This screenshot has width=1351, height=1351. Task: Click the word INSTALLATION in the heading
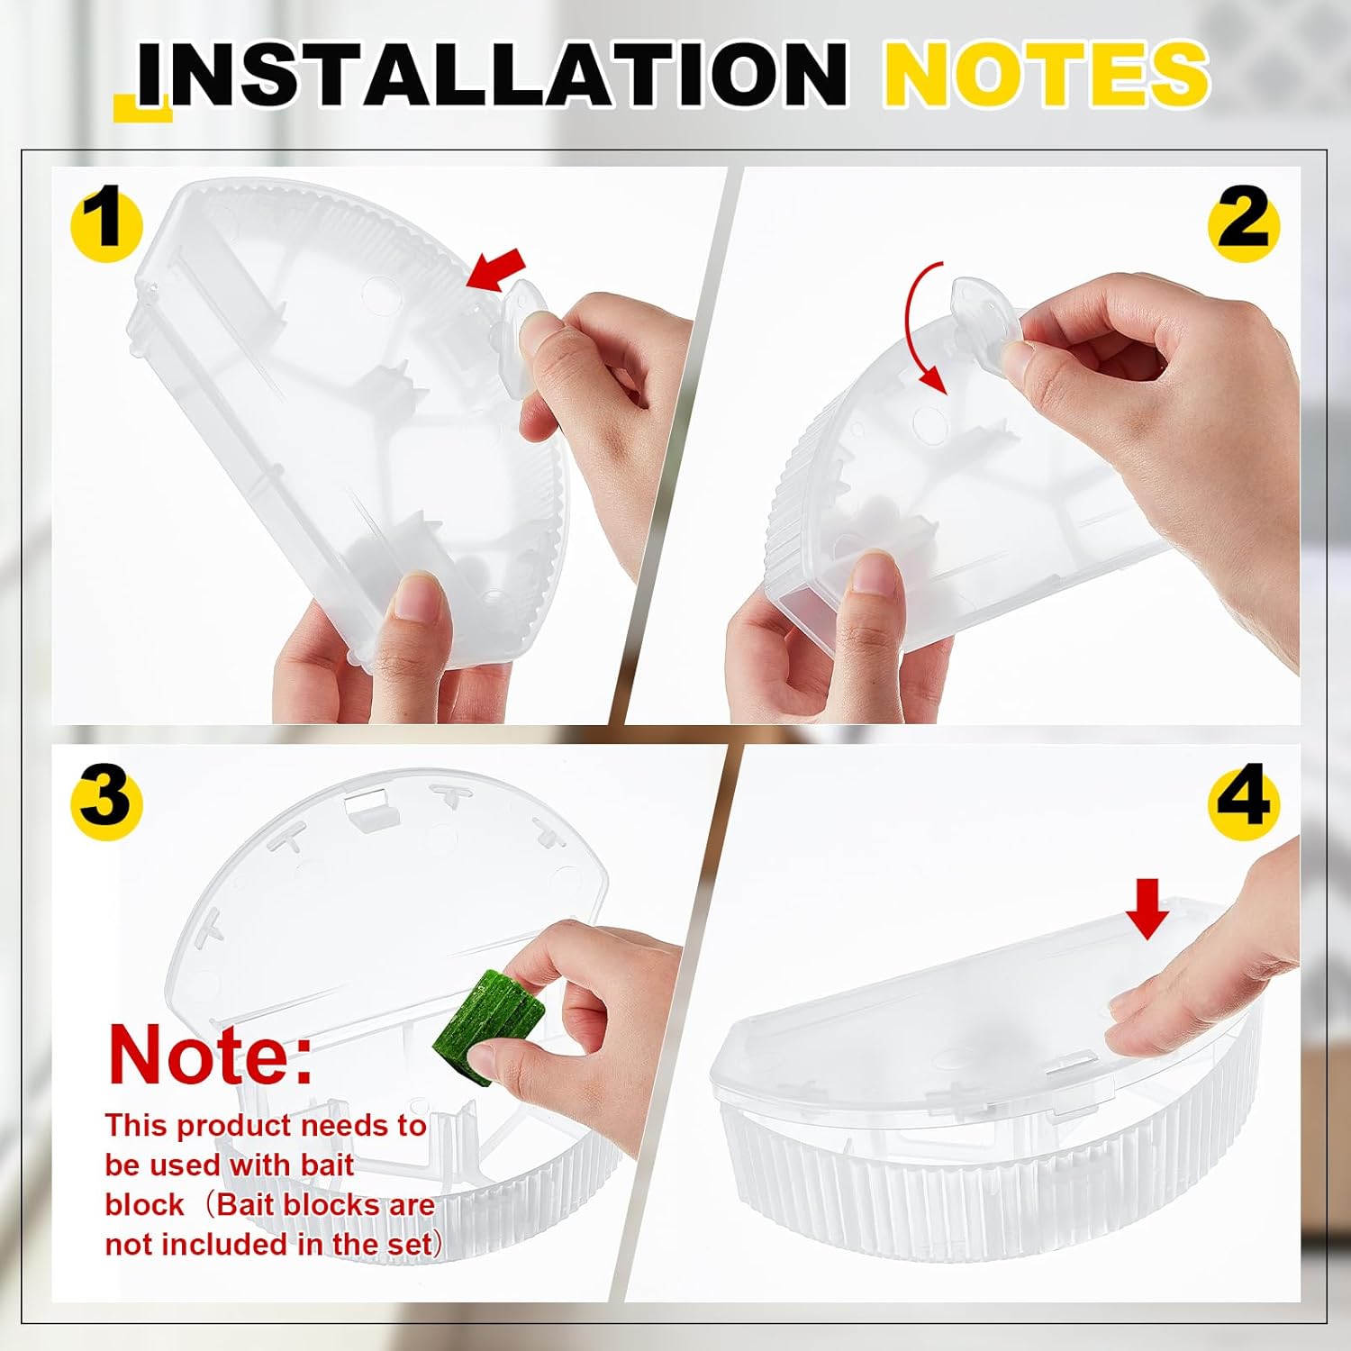coord(491,74)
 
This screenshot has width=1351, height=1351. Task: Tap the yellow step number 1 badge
coord(106,222)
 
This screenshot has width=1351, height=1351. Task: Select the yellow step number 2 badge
coord(1243,222)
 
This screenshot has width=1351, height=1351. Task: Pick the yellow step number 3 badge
coord(106,798)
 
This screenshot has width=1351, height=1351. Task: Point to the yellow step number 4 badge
coord(1243,798)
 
